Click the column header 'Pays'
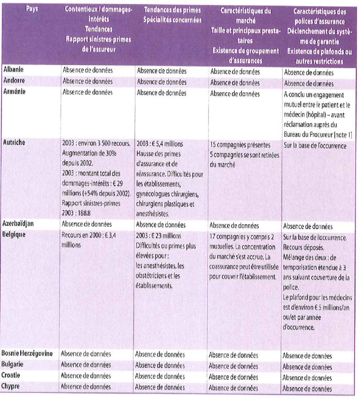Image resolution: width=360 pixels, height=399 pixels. (30, 10)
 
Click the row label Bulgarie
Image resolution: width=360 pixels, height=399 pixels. (16, 365)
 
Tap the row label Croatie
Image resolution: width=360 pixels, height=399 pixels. (14, 376)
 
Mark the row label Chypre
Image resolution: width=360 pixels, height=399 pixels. (14, 387)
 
